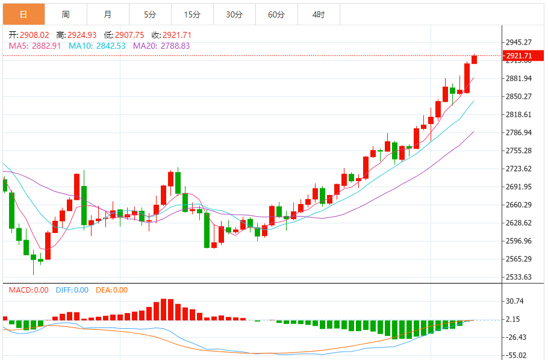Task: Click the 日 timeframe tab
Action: click(23, 14)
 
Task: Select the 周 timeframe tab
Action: click(65, 14)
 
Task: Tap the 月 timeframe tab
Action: click(107, 14)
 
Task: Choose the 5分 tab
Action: click(150, 14)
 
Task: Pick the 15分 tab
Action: click(192, 14)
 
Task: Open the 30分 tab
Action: click(234, 14)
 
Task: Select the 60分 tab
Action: click(276, 14)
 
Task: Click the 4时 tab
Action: click(319, 14)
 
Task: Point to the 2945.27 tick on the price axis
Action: click(518, 42)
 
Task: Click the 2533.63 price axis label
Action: click(518, 278)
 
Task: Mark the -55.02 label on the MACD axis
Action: click(516, 355)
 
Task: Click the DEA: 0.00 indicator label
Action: click(111, 290)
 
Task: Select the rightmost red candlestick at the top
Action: click(474, 59)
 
